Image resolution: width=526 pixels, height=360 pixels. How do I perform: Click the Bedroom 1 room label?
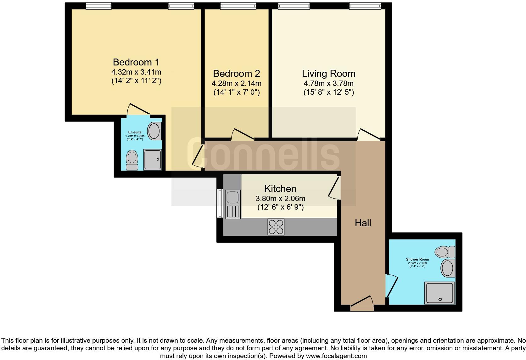136,62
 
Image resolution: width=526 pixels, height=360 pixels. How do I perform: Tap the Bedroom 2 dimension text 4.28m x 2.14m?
236,84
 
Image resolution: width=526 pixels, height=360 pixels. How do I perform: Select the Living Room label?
328,74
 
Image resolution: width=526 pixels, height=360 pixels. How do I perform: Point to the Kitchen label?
280,189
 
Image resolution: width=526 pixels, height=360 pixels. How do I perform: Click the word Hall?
363,223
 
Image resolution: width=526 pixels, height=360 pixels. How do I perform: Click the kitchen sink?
232,197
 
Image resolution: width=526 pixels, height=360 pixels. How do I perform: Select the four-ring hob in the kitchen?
276,227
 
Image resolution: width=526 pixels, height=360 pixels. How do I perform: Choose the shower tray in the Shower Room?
439,293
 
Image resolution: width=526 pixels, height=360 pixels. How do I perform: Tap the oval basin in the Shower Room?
448,268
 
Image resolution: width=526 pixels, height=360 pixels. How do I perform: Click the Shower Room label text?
417,260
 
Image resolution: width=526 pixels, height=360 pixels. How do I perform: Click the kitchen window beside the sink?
219,203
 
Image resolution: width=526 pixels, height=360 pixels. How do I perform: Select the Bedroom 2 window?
238,6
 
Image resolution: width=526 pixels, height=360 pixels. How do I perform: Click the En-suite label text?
135,132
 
